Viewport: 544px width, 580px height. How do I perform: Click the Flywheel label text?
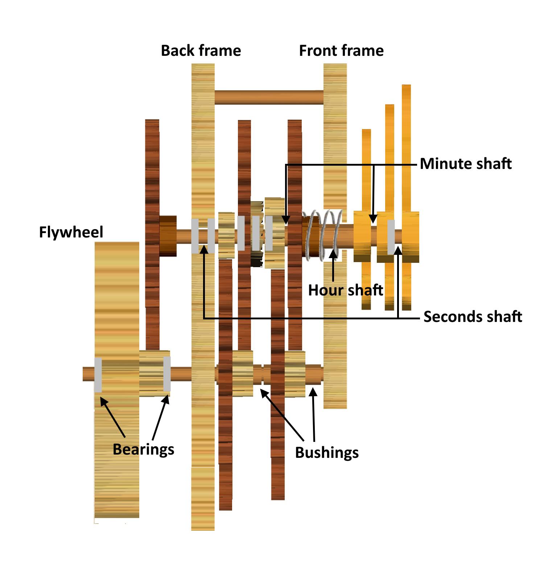(x=71, y=232)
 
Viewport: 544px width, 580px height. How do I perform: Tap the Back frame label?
(x=201, y=51)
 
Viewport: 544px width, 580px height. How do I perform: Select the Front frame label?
(x=341, y=51)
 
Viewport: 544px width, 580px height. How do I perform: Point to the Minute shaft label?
(x=466, y=164)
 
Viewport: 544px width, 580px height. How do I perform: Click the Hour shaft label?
(x=345, y=290)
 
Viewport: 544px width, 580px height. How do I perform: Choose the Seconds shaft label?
(x=473, y=317)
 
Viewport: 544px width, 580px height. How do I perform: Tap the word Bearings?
(x=143, y=449)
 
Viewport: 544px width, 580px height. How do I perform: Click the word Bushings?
(x=327, y=453)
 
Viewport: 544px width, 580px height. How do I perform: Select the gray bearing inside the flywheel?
(x=98, y=375)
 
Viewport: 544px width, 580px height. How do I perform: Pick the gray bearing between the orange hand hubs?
(x=391, y=237)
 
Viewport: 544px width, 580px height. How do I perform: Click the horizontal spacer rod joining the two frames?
(x=269, y=97)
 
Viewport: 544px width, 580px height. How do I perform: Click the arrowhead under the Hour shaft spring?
(x=333, y=253)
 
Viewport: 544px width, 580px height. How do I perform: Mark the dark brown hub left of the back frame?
(x=168, y=236)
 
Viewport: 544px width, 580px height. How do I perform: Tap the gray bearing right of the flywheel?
(x=167, y=374)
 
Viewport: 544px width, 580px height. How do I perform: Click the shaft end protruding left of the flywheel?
(x=88, y=374)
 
